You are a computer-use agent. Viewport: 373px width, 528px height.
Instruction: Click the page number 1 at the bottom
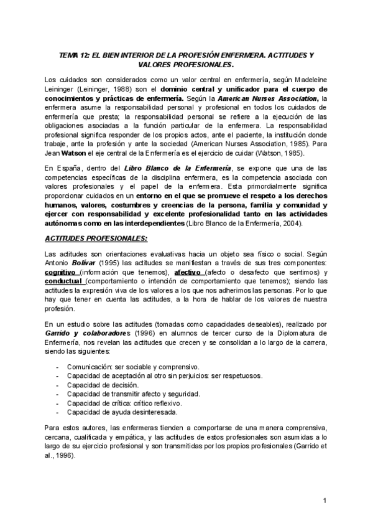click(x=325, y=502)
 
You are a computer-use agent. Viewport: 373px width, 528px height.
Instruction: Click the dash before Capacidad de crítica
click(x=58, y=403)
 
